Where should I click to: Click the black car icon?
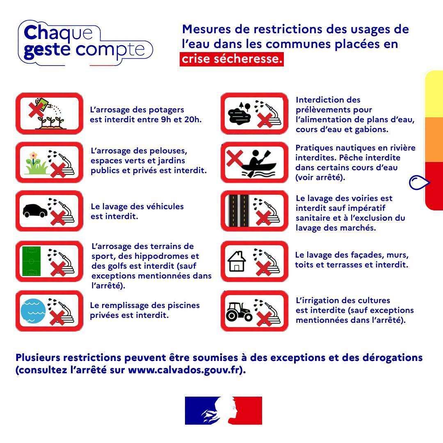point(35,210)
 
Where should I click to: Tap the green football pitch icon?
point(31,261)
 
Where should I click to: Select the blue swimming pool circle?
point(33,311)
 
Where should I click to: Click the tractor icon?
point(239,312)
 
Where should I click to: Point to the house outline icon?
point(237,261)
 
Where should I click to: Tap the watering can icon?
point(44,105)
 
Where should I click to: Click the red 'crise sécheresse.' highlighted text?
point(232,59)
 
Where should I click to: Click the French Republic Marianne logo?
point(224,411)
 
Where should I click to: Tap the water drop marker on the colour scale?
point(419,182)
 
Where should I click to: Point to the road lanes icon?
point(239,211)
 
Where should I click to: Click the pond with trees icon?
point(240,113)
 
